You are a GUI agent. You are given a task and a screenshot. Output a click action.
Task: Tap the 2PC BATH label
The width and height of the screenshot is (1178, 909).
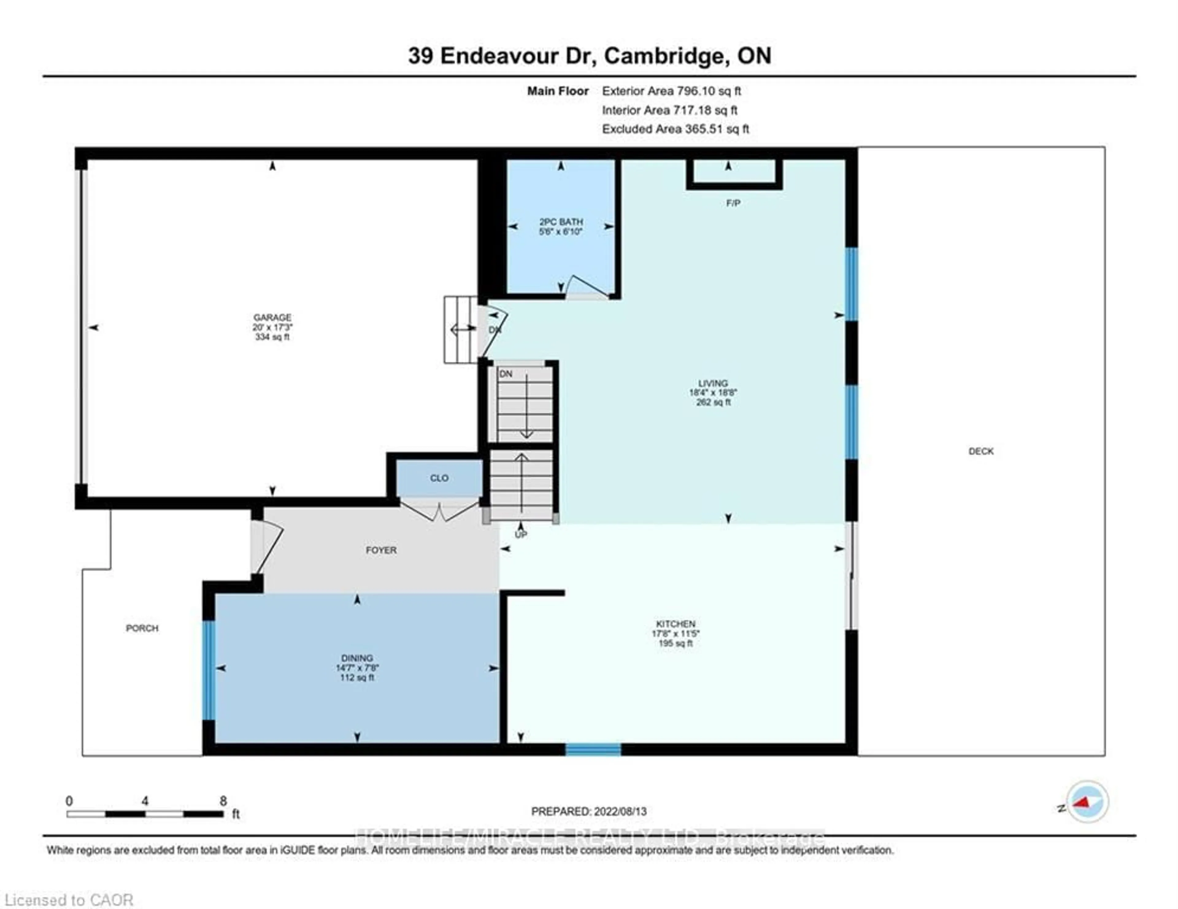(561, 222)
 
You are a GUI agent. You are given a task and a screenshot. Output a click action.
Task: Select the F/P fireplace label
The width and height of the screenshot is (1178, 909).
(733, 203)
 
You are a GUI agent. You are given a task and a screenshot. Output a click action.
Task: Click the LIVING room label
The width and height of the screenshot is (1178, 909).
(713, 383)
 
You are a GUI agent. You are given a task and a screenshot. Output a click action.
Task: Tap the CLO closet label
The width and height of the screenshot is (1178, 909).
(439, 478)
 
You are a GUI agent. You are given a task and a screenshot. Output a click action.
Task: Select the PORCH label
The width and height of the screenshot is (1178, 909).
(142, 628)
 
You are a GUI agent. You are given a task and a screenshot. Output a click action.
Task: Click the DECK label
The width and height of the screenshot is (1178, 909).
(980, 451)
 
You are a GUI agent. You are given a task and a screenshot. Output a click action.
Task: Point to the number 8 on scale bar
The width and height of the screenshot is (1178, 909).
(223, 801)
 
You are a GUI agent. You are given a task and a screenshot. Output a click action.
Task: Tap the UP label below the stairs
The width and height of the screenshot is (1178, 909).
(521, 535)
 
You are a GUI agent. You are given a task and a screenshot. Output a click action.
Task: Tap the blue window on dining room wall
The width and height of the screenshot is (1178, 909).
(209, 670)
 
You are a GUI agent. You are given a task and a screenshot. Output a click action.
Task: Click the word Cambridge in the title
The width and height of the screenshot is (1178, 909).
(664, 56)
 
